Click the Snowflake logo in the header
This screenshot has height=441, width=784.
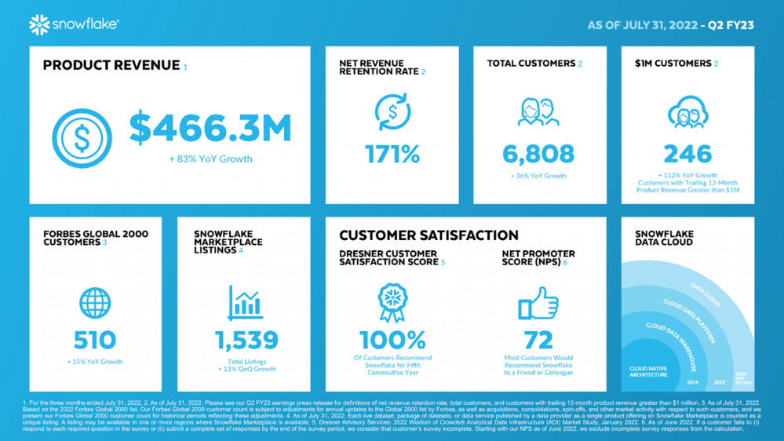coord(74,25)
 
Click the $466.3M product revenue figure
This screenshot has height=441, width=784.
coord(210,128)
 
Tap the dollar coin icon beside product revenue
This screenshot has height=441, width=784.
coord(82,138)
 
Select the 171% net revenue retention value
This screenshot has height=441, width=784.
coord(392,154)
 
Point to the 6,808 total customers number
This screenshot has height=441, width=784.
coord(538,154)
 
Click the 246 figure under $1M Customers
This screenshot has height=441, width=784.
coord(687,154)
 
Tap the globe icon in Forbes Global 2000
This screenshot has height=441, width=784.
coord(95,303)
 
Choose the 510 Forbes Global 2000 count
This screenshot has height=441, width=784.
coord(95,340)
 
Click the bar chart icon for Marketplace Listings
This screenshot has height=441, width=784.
coord(245,303)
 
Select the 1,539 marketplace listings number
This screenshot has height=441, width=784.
coord(246,340)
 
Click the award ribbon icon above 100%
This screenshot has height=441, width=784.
coord(392,302)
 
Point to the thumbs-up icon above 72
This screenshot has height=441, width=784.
coord(538,303)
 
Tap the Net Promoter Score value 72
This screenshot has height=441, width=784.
coord(538,340)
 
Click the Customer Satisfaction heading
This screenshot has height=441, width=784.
coord(428,235)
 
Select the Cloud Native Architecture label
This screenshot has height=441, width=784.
coord(648,371)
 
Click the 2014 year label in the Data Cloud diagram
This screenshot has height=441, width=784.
coord(692,382)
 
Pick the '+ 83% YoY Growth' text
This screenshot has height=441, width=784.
coord(210,159)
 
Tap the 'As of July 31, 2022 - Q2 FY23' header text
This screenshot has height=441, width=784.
coord(670,25)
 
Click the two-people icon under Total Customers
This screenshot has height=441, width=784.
coord(538,112)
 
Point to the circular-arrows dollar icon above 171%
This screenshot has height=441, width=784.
coord(392,112)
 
